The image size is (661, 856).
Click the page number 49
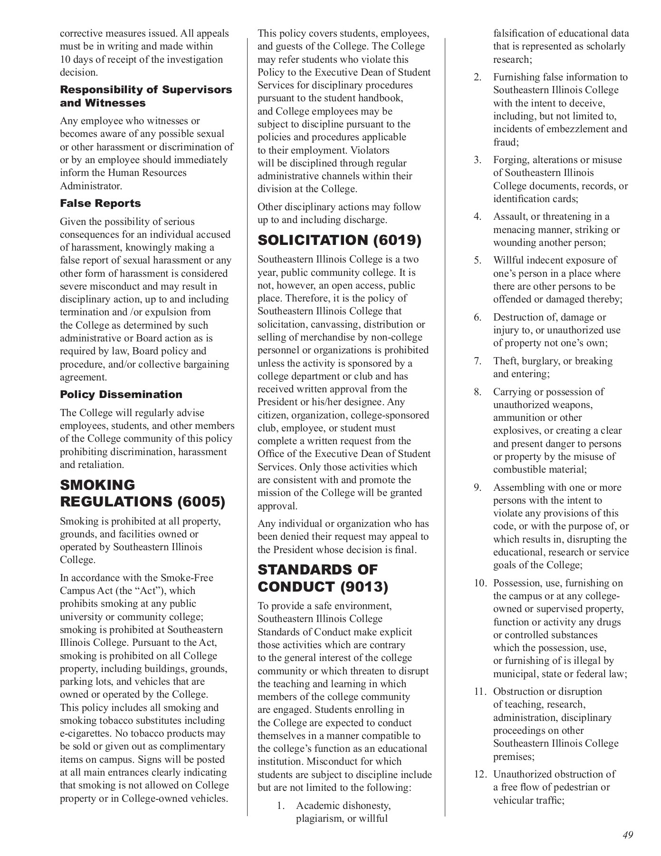click(x=628, y=835)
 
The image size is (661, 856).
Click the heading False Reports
click(x=100, y=203)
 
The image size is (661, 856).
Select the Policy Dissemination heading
click(x=121, y=394)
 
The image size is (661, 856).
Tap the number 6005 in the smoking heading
click(x=201, y=502)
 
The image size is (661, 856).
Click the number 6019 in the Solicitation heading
click(x=397, y=241)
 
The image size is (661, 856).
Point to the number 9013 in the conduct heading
click(x=364, y=587)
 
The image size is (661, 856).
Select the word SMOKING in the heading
click(x=97, y=485)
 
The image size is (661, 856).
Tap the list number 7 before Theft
click(x=478, y=361)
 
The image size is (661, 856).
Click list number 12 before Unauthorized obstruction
click(x=479, y=774)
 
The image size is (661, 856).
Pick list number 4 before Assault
click(x=478, y=217)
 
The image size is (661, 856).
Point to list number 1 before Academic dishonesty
click(x=281, y=806)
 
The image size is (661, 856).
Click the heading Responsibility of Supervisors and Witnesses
click(x=146, y=96)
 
